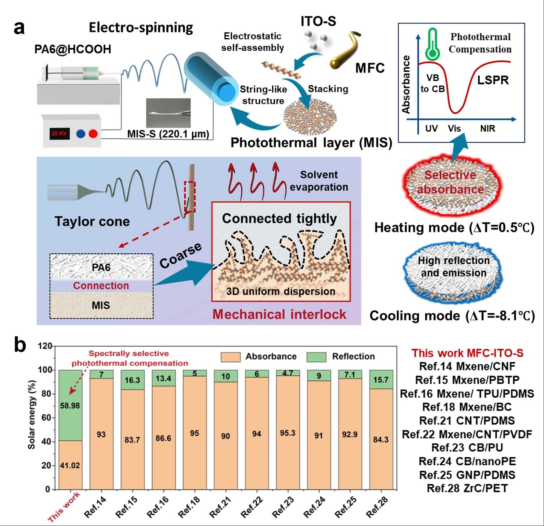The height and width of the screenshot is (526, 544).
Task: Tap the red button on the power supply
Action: point(93,134)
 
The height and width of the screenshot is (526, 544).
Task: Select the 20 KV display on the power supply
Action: point(59,133)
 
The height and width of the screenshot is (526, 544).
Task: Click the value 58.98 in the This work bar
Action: point(70,406)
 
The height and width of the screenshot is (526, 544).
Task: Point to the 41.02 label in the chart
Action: point(70,465)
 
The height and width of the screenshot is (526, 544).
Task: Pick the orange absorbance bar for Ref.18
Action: point(194,432)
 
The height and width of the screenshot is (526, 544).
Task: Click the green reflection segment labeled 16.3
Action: point(132,380)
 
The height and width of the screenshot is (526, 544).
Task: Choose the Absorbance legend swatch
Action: point(230,357)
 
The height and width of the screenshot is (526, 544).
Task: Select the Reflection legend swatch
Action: point(316,357)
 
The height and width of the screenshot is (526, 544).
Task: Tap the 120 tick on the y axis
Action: point(45,346)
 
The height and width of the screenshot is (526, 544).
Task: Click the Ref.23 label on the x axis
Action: point(283,507)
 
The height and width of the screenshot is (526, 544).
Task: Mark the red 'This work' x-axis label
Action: point(64,507)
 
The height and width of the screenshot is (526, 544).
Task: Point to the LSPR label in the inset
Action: point(493,80)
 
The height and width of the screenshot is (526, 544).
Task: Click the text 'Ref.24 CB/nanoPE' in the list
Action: point(467,461)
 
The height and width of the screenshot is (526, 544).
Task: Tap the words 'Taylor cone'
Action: point(92,222)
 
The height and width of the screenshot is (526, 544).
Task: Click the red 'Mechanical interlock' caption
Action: point(279,314)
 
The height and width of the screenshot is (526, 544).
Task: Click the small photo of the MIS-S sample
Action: point(168,113)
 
